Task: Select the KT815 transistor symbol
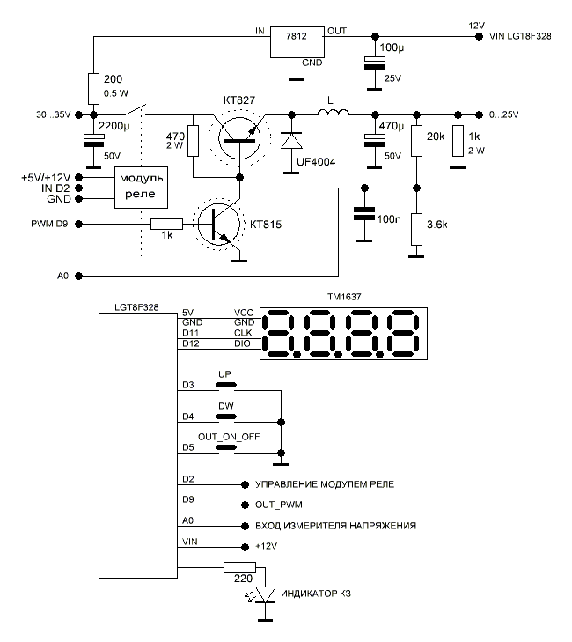(x=216, y=224)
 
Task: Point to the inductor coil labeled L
(x=334, y=114)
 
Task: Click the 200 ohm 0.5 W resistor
(x=93, y=89)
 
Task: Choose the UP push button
(x=227, y=385)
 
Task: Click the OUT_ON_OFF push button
(x=227, y=447)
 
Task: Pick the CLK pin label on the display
(x=245, y=334)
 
